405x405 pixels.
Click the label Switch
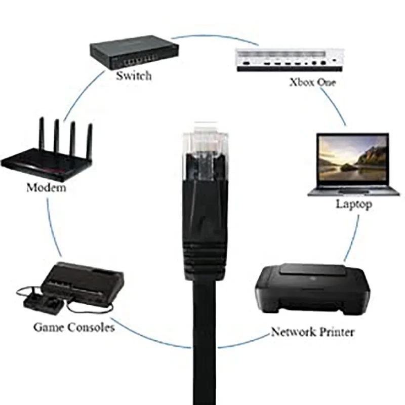[x=134, y=76]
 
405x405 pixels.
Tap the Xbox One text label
[x=312, y=82]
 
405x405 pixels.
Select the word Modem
[x=46, y=188]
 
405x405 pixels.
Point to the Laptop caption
[x=354, y=204]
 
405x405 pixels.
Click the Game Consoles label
[x=74, y=327]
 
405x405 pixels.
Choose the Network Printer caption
[x=312, y=332]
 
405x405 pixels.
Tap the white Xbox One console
[x=290, y=60]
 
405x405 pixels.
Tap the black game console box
[x=84, y=283]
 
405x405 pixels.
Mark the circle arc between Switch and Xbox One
[x=202, y=36]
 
